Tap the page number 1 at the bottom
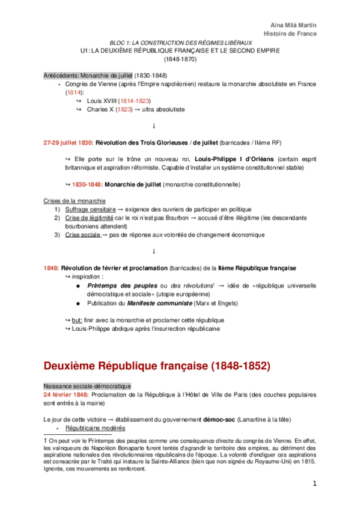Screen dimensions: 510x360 tap(314, 484)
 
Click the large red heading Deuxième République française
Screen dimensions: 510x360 tap(157, 365)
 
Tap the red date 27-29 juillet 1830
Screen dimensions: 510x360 tap(68, 143)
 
